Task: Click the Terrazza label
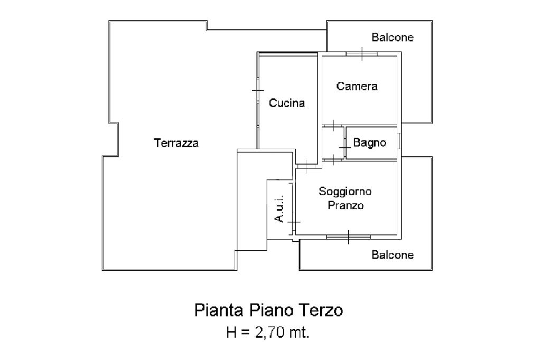176,143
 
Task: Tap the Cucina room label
287,103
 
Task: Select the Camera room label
357,86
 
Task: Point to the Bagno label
369,143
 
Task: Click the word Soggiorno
345,192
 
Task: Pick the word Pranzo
346,205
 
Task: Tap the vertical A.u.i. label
279,209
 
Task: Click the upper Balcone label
393,37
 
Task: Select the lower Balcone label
393,255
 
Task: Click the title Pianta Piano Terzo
268,310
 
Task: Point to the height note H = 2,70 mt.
268,333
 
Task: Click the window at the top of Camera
362,54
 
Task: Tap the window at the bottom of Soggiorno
349,237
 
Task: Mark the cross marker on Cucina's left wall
258,91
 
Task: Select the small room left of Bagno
333,143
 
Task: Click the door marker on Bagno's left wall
345,148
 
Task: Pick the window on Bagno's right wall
399,141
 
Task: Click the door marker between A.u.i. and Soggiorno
294,222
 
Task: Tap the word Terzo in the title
322,310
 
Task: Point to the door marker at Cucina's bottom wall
306,166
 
